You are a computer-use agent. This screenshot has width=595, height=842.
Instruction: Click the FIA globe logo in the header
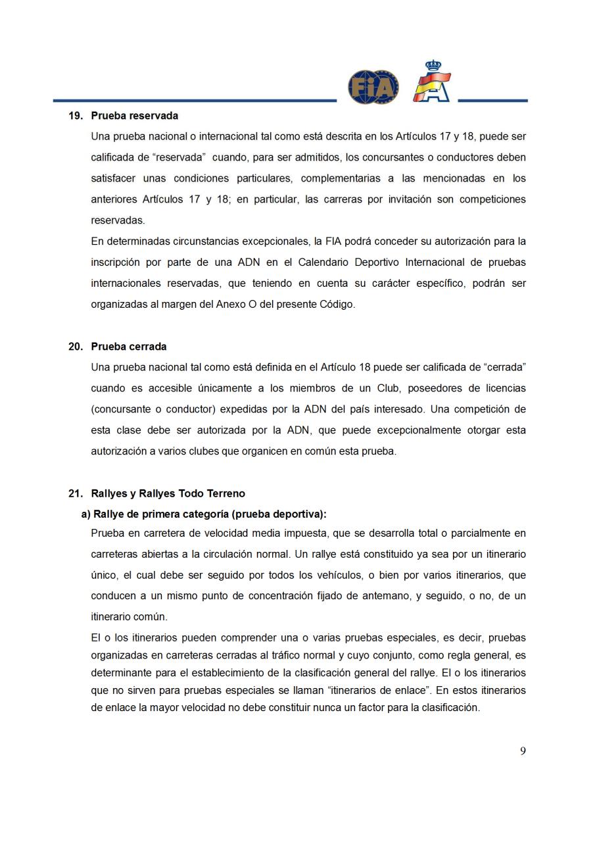pyautogui.click(x=373, y=87)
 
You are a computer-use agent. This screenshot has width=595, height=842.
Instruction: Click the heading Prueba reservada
pyautogui.click(x=134, y=115)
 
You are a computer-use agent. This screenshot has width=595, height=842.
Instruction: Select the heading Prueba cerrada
pyautogui.click(x=128, y=346)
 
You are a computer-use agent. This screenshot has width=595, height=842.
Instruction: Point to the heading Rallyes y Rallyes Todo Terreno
pyautogui.click(x=168, y=493)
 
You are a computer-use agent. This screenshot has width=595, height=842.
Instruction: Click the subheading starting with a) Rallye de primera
pyautogui.click(x=203, y=514)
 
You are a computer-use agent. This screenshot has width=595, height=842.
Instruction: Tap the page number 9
pyautogui.click(x=523, y=751)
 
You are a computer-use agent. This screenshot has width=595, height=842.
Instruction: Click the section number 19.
pyautogui.click(x=76, y=115)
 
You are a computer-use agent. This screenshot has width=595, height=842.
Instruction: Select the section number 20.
pyautogui.click(x=76, y=346)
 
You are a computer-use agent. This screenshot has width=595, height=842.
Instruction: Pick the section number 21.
pyautogui.click(x=76, y=493)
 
